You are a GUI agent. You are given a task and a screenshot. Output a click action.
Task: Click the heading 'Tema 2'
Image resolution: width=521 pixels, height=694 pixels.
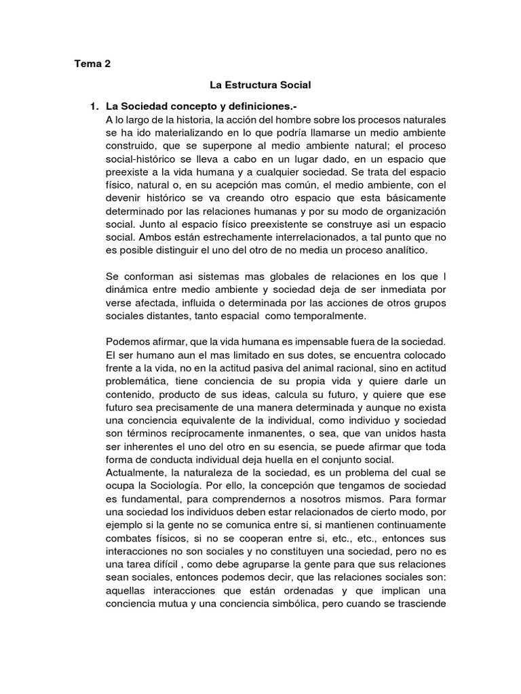click(x=92, y=65)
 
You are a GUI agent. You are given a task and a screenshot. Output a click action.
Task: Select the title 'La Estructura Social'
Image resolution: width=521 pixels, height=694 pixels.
click(x=260, y=85)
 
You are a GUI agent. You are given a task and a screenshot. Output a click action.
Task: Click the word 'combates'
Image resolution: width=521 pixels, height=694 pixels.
click(x=127, y=539)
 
